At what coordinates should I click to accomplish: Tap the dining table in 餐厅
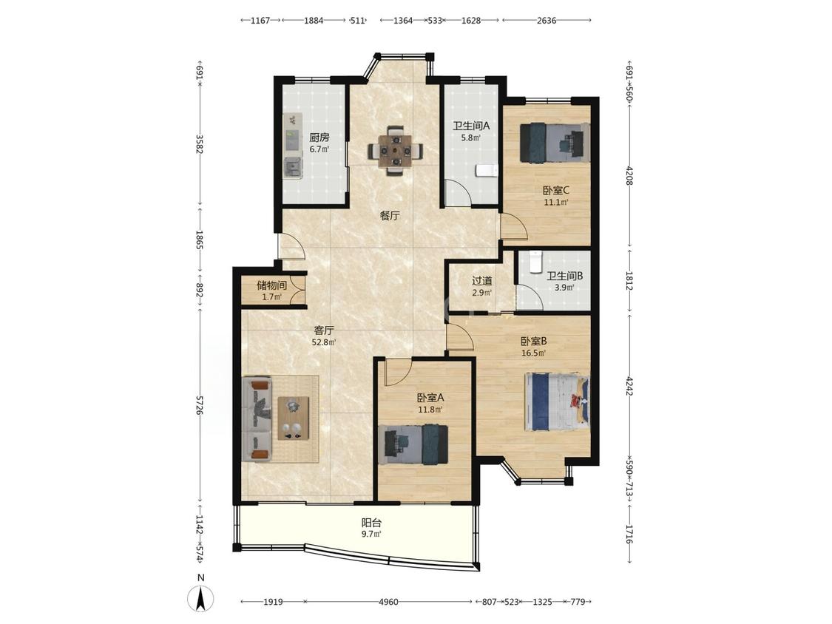pos(396,151)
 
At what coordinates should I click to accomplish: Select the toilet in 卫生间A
pos(485,170)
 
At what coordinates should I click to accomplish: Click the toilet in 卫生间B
pos(535,260)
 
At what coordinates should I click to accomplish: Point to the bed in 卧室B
pos(557,401)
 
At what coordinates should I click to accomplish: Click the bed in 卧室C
pos(555,142)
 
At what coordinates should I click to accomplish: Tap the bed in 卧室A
pos(416,444)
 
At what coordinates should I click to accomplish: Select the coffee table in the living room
pos(294,418)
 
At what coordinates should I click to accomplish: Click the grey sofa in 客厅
pos(257,418)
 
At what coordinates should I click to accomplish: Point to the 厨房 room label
pos(319,137)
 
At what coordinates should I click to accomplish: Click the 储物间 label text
pos(271,285)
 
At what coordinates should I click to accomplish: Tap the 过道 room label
pos(481,281)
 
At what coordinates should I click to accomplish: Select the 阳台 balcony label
pos(371,523)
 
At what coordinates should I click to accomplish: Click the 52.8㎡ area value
pos(323,342)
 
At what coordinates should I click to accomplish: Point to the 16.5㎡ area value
pos(534,353)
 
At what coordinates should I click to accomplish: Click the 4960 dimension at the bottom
pos(388,602)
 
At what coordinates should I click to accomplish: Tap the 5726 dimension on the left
pos(200,404)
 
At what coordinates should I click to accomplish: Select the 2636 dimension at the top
pos(547,21)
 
